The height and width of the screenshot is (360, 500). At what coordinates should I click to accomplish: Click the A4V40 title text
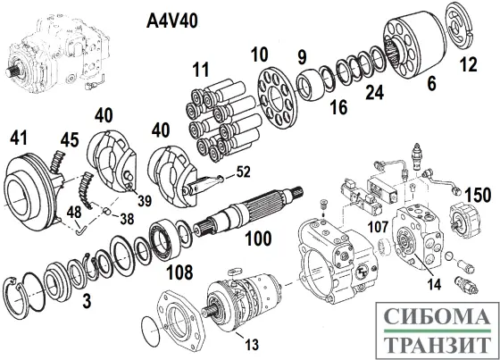(x=172, y=21)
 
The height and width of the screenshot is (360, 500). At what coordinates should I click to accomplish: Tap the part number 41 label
(x=19, y=138)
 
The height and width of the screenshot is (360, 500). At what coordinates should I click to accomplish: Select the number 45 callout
(x=70, y=139)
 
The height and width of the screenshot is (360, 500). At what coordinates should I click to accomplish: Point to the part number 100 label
(x=258, y=239)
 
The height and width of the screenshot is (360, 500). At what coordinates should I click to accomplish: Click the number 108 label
(x=179, y=272)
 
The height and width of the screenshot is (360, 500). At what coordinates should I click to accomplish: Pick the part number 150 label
(x=478, y=195)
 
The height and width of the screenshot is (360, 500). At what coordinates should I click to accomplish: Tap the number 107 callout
(x=378, y=227)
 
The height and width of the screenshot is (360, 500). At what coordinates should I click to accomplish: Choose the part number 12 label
(x=468, y=64)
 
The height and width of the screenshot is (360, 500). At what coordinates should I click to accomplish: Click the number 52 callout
(x=243, y=172)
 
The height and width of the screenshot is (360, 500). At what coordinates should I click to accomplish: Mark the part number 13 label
(x=252, y=345)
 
